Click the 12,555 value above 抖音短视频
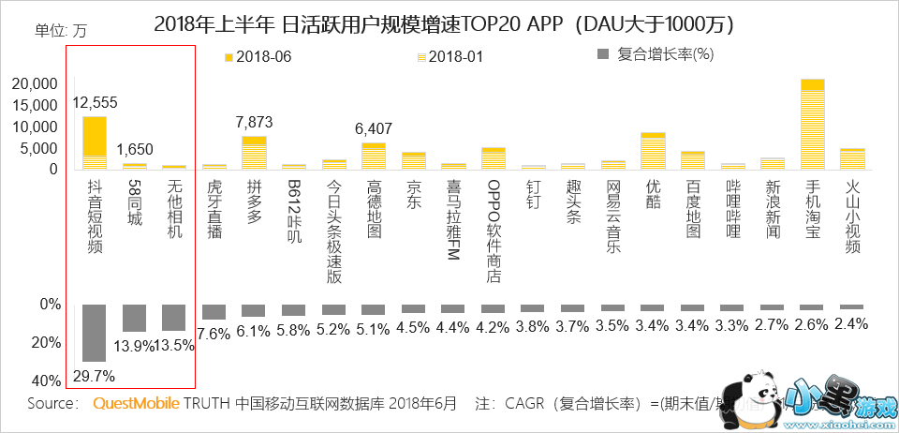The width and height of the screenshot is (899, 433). point(95,102)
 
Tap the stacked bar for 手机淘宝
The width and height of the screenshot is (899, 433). point(812,124)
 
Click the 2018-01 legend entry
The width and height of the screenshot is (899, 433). point(449,56)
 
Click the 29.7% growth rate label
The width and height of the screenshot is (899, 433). point(93,376)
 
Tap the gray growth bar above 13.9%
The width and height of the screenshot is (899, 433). point(134,318)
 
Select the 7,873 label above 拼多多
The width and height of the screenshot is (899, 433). point(254,122)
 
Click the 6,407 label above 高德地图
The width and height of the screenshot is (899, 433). point(374,128)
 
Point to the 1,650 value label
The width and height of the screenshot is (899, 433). point(134,149)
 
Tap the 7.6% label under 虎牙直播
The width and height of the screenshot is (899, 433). point(214,333)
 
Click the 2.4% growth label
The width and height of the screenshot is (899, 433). point(851,323)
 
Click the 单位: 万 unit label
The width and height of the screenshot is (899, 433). point(60,29)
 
